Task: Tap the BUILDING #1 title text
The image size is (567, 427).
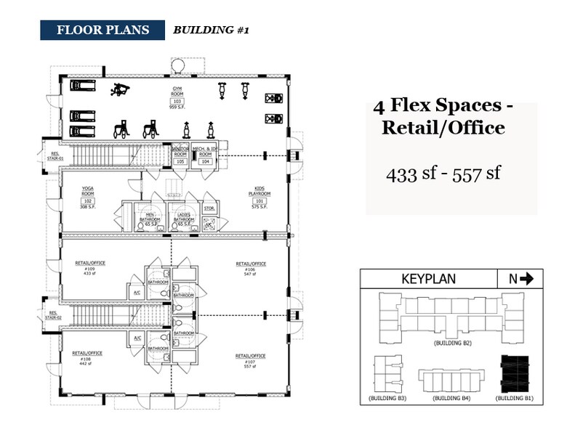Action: [x=211, y=30]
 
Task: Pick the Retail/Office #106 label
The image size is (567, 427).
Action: [x=250, y=268]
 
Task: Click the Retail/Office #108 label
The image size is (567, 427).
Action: [x=87, y=357]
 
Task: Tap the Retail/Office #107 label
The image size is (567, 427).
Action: [x=250, y=360]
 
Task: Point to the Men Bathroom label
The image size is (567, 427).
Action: [x=150, y=217]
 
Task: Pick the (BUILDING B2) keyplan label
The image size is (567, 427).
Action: [x=453, y=341]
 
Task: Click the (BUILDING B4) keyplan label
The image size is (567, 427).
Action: [x=453, y=399]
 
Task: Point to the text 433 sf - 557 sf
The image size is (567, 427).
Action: [x=443, y=174]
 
